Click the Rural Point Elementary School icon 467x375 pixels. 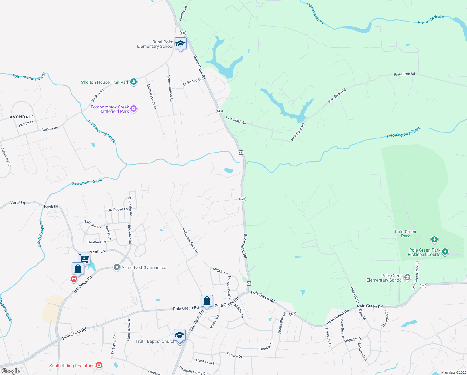point(180,44)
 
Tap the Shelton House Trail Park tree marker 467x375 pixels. point(134,82)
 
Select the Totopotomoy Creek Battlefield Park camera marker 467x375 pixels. point(134,109)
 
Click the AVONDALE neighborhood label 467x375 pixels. point(22,117)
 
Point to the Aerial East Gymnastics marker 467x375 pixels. point(116,267)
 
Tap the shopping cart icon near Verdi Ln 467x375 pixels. point(84,258)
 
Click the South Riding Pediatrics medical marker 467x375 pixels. point(99,365)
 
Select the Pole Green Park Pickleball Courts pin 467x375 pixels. point(445,252)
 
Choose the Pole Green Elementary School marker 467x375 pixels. point(407,277)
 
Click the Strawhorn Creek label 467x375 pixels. point(87,182)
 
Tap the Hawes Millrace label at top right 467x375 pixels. point(431,19)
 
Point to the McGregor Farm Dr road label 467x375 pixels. point(190,240)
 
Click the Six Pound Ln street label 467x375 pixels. point(117,210)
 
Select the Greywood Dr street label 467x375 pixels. point(192,82)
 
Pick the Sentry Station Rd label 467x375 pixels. point(170,88)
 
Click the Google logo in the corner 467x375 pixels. point(11,371)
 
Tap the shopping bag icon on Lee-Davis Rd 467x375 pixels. point(207,301)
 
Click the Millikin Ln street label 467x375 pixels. point(220,271)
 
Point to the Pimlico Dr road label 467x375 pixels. point(234,355)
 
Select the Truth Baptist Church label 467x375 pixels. point(155,341)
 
